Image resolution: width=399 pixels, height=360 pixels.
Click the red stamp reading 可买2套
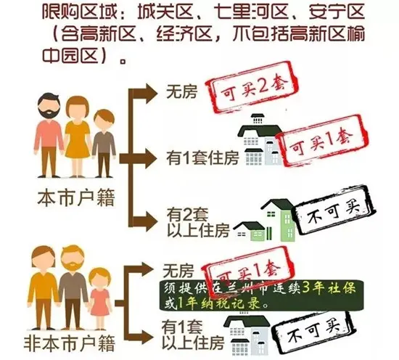[x=252, y=87]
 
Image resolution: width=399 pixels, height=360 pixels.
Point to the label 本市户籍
[x=76, y=197]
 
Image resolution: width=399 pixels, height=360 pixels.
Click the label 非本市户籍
[x=69, y=343]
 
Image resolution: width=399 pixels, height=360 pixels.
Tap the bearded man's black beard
[x=49, y=112]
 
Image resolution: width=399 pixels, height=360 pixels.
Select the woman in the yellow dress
[x=78, y=136]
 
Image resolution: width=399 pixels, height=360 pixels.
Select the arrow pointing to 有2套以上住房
[x=142, y=221]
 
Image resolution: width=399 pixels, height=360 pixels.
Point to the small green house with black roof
[x=251, y=231]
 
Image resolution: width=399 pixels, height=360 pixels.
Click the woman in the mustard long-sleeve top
[x=44, y=287]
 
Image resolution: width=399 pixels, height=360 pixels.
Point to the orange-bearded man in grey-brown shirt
[x=73, y=287]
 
